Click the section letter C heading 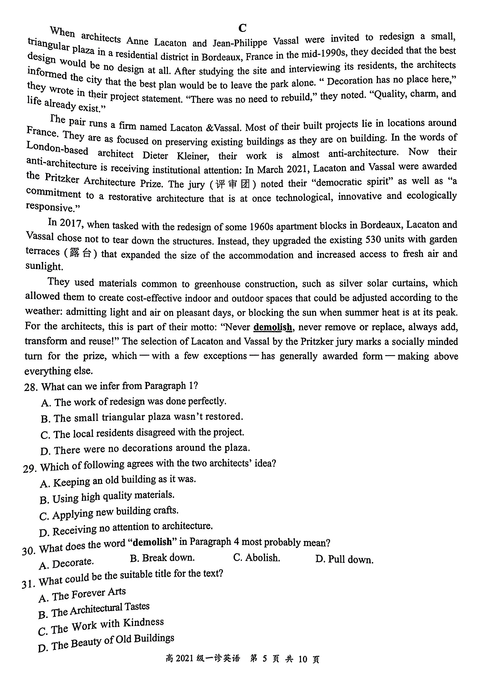pos(242,28)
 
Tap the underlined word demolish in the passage pos(273,327)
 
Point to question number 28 pos(32,387)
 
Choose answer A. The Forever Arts pos(82,595)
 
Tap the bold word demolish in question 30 pos(152,542)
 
